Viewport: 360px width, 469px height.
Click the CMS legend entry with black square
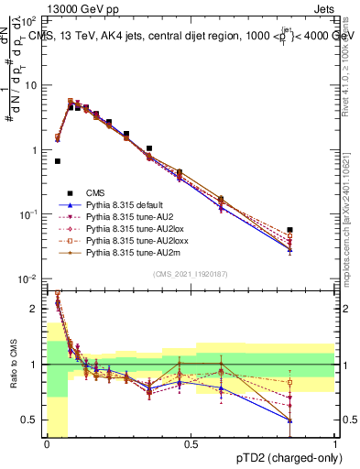coord(94,193)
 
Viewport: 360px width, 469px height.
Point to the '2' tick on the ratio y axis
coord(34,309)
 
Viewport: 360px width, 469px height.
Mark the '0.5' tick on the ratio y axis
coord(29,420)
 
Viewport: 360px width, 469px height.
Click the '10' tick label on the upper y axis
coord(31,85)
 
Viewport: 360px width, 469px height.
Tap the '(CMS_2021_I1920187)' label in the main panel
coord(191,273)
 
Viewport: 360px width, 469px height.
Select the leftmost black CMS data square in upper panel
coord(57,161)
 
